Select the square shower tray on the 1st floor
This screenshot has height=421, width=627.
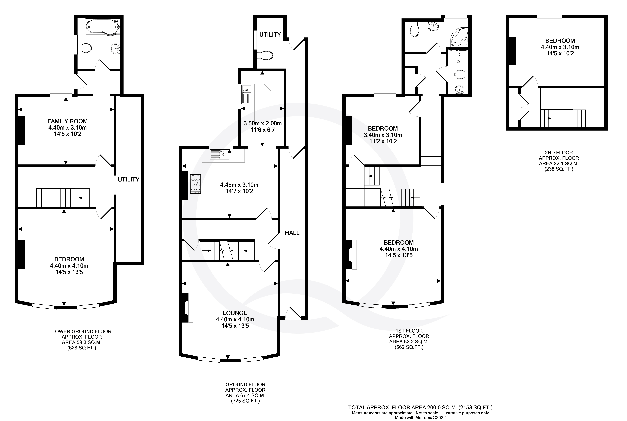click(458, 57)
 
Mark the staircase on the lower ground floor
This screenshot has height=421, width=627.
click(63, 198)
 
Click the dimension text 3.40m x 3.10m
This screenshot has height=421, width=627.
click(383, 135)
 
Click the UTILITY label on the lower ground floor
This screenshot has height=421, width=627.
click(128, 179)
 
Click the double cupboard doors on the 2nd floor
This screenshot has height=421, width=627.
click(524, 107)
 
